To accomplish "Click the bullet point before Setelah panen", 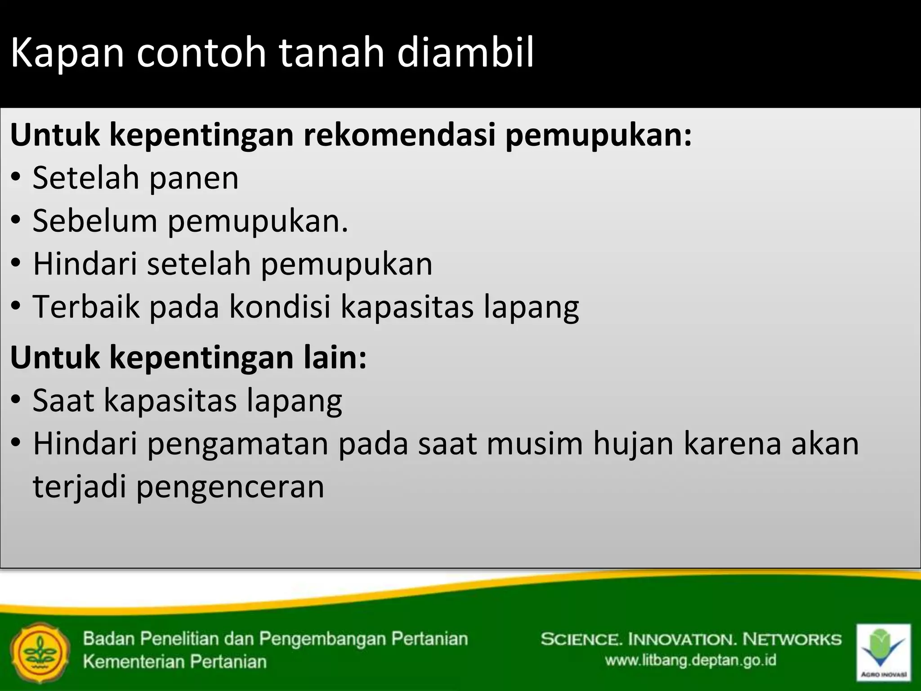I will click(16, 178).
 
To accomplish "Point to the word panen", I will click(193, 179).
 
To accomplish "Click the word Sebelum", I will click(95, 221).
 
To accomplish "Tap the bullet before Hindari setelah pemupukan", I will click(16, 265).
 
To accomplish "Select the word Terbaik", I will click(86, 307).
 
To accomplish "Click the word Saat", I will click(63, 400).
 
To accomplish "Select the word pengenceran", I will click(230, 487).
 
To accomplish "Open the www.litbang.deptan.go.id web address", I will click(690, 660).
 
